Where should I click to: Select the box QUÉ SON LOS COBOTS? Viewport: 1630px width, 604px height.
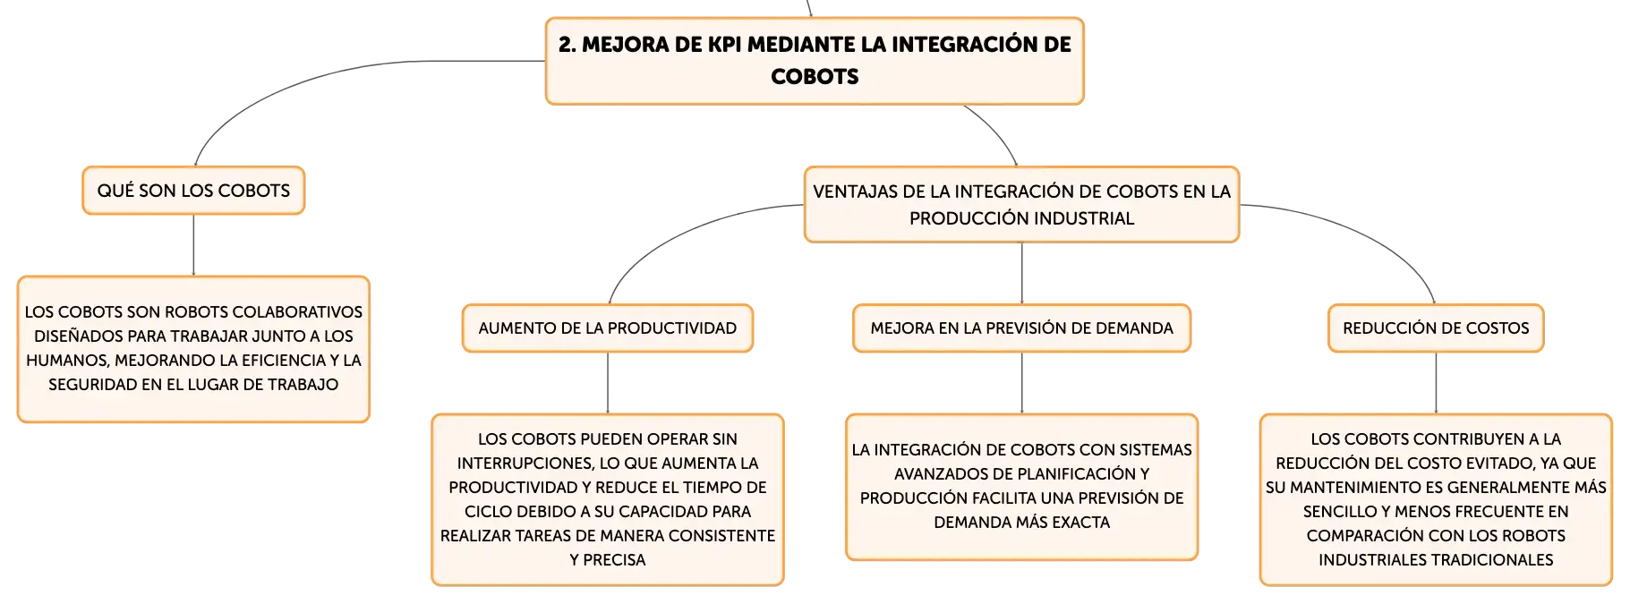[193, 191]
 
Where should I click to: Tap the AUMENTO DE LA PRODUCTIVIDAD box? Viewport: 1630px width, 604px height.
[608, 328]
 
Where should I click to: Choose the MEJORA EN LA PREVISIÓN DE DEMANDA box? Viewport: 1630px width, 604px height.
[1021, 328]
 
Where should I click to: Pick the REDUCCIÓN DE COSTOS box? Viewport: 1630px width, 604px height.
[1436, 328]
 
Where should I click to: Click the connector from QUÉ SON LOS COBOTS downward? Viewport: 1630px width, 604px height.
[193, 245]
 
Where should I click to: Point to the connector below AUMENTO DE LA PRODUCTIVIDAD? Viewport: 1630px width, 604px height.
[608, 383]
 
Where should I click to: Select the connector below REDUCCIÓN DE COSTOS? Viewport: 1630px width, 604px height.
[1436, 383]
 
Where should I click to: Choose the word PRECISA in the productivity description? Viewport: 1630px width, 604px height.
[614, 560]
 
